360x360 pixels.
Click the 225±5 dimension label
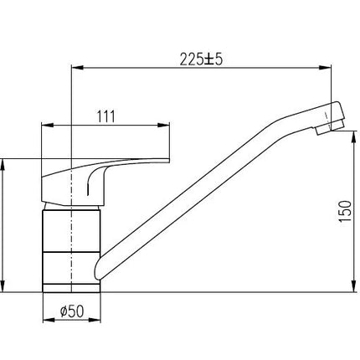click(201, 59)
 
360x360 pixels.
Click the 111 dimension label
click(105, 116)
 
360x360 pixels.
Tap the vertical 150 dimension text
click(345, 211)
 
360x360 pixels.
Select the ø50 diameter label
click(72, 311)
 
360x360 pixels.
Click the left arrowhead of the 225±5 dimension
click(77, 67)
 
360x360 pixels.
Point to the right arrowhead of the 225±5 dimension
click(326, 67)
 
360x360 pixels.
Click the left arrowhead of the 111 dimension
click(47, 125)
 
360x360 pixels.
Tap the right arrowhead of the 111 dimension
click(164, 125)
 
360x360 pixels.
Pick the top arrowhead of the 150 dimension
click(354, 137)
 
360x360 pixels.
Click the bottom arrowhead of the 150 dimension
click(354, 286)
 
